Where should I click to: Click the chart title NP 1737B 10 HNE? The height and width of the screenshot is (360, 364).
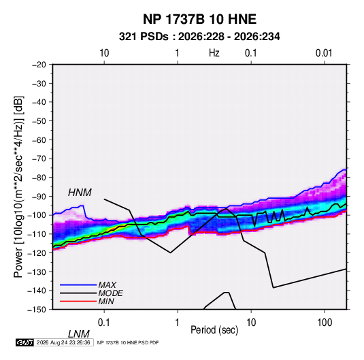click(x=199, y=19)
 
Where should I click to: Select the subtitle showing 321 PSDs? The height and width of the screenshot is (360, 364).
click(x=199, y=37)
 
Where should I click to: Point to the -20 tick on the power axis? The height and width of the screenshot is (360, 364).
click(x=39, y=65)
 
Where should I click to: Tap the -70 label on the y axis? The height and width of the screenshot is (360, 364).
click(x=39, y=159)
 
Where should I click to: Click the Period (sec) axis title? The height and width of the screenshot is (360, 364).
click(x=214, y=330)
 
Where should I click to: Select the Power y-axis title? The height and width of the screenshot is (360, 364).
click(x=18, y=187)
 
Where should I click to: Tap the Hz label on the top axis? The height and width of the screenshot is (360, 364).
click(x=214, y=53)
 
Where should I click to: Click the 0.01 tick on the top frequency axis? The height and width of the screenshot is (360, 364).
click(x=324, y=53)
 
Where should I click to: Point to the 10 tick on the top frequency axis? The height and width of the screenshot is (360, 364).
click(x=104, y=53)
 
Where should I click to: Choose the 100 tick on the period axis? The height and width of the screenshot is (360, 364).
click(x=325, y=323)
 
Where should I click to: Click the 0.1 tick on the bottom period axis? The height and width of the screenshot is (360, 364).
click(x=104, y=323)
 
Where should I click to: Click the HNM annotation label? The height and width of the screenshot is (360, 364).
click(x=80, y=193)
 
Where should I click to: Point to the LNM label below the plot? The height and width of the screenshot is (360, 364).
click(x=79, y=334)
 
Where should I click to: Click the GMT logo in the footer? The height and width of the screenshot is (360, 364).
click(x=24, y=342)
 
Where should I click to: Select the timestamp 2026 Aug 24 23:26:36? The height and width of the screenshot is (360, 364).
click(x=63, y=342)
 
